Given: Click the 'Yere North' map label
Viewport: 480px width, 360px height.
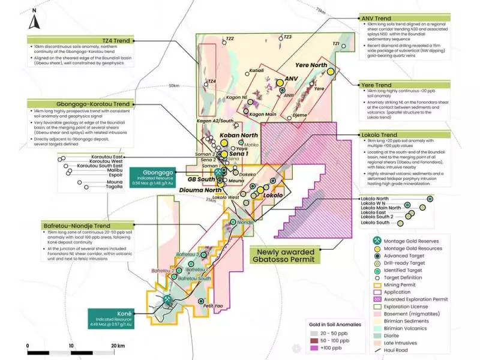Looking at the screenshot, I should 311,65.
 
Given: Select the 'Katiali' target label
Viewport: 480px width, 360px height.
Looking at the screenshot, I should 256,70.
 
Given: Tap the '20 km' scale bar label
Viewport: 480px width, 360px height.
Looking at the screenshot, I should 118,346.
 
